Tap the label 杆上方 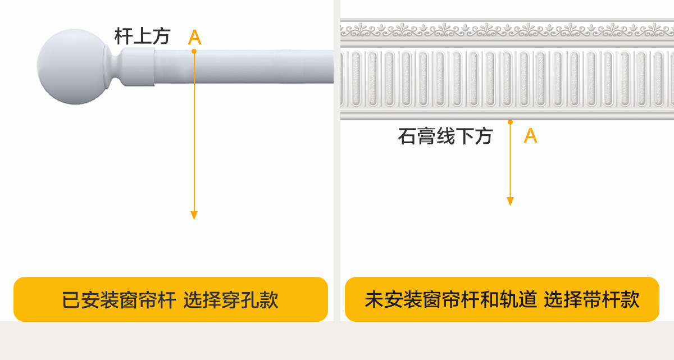(x=142, y=37)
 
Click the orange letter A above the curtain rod (x=194, y=38)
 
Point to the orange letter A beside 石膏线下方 (x=530, y=136)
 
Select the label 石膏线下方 (x=445, y=136)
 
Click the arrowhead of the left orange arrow (x=194, y=215)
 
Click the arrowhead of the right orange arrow (x=510, y=201)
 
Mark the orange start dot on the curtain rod (x=194, y=51)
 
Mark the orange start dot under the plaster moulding (x=510, y=122)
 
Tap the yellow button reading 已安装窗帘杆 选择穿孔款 (x=170, y=299)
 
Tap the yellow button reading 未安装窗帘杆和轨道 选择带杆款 (x=502, y=299)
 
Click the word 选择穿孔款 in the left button (x=231, y=300)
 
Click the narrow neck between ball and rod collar (x=116, y=67)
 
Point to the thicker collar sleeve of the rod (x=138, y=67)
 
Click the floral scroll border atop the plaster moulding (x=505, y=28)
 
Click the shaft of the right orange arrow (x=510, y=163)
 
